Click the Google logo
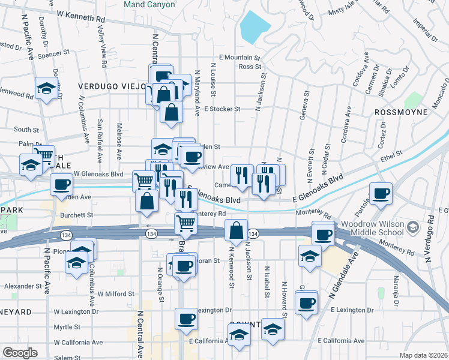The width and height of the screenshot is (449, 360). (20, 353)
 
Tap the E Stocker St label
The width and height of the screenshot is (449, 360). (221, 109)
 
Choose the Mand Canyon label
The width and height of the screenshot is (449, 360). (149, 4)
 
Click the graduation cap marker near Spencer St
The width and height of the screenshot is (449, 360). (46, 89)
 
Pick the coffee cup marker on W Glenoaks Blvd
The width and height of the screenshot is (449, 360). (61, 184)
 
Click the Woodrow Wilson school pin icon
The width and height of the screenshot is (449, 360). (412, 227)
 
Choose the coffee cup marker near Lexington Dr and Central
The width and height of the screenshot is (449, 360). (185, 318)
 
